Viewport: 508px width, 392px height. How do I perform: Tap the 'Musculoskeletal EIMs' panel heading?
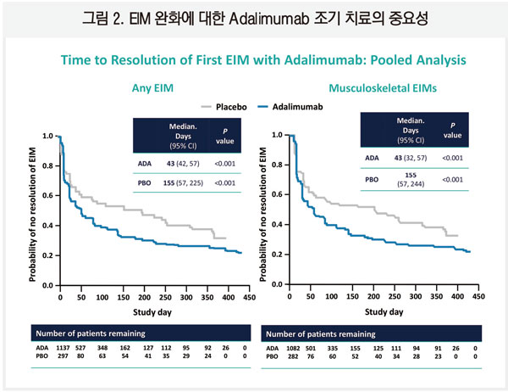[x=373, y=87]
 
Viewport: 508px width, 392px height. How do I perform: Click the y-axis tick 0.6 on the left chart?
[x=48, y=195]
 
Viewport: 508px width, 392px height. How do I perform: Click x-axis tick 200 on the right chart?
[x=373, y=299]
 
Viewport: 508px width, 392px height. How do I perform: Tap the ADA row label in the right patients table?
[x=271, y=348]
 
